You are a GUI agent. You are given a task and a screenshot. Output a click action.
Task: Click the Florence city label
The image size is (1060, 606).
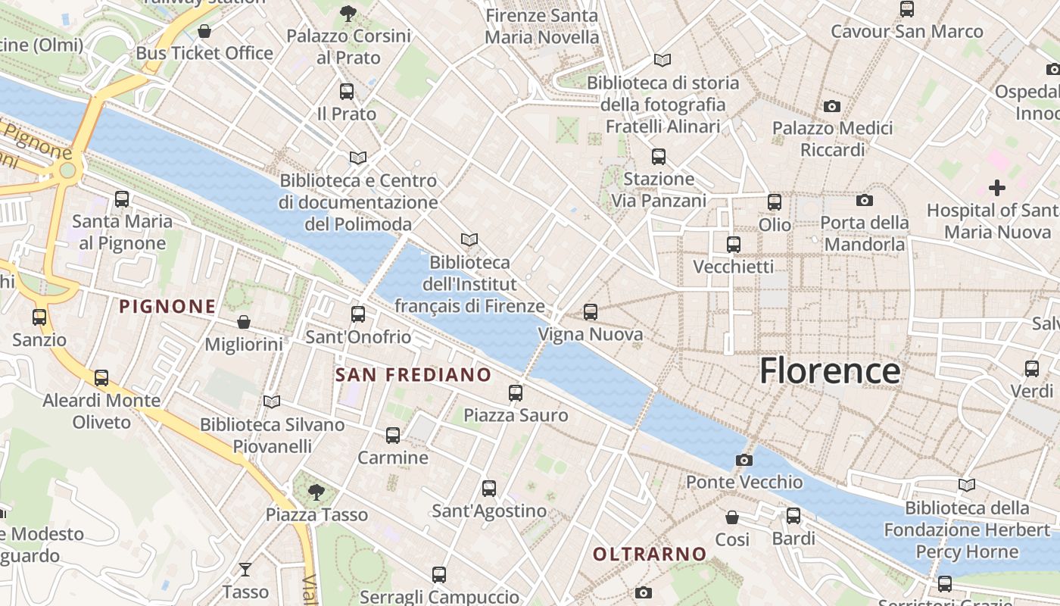point(830,371)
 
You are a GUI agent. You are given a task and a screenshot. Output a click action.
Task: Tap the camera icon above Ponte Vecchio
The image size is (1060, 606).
point(744,460)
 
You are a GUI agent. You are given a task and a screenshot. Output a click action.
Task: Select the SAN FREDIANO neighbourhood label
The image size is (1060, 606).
point(413,374)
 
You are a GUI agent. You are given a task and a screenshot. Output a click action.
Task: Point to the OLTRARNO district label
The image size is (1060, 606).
point(650,554)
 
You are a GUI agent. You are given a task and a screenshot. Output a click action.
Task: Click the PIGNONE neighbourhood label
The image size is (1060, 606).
point(168,307)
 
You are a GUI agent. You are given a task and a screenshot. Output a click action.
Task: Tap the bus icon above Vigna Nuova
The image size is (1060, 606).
point(591,311)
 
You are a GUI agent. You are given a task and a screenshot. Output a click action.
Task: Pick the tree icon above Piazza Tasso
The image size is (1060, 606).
point(316,492)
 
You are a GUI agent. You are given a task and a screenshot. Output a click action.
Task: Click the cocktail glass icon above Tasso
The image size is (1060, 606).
point(245,569)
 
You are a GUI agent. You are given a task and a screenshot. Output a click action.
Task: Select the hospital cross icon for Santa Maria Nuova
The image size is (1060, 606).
point(997,187)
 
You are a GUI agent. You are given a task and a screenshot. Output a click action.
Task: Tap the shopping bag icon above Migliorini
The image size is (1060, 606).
point(244,322)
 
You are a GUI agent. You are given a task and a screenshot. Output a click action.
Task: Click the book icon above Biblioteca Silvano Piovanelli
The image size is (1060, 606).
point(272,401)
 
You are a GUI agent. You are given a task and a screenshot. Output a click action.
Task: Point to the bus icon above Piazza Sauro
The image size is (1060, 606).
point(516,392)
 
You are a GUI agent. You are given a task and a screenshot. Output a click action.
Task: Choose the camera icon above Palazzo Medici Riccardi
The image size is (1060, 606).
point(832,106)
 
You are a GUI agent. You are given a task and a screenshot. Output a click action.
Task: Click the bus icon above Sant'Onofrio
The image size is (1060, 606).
point(358,314)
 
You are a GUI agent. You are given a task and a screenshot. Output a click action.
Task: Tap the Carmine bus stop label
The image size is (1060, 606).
point(393,458)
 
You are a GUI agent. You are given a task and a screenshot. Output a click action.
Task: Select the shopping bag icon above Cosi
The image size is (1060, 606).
point(732,517)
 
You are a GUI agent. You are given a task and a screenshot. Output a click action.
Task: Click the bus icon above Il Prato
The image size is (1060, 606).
point(347,92)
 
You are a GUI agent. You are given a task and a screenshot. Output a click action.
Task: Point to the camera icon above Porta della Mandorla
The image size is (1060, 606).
point(865,200)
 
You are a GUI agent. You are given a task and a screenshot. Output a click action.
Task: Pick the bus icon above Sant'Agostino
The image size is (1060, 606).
point(489,489)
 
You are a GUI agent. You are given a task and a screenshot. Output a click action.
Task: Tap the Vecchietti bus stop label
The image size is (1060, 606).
point(734,267)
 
